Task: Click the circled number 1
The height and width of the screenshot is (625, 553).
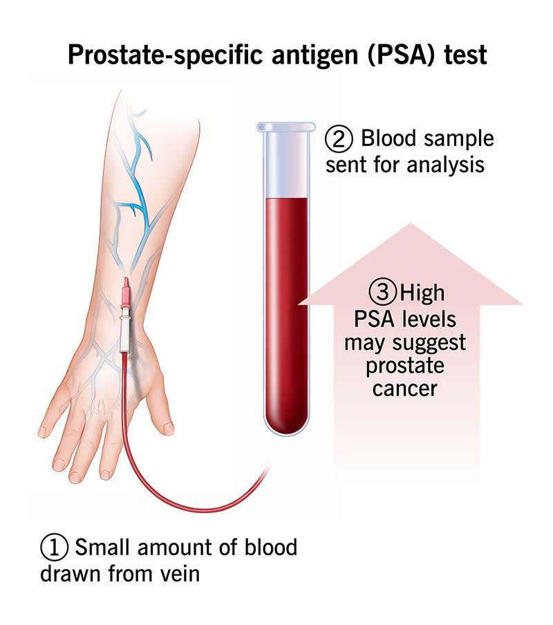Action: click(x=54, y=548)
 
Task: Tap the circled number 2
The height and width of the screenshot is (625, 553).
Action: click(x=338, y=139)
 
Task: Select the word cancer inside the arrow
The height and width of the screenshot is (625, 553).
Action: click(x=405, y=389)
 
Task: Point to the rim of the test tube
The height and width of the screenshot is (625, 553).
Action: click(x=283, y=127)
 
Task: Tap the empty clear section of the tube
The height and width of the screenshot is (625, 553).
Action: click(x=283, y=166)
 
